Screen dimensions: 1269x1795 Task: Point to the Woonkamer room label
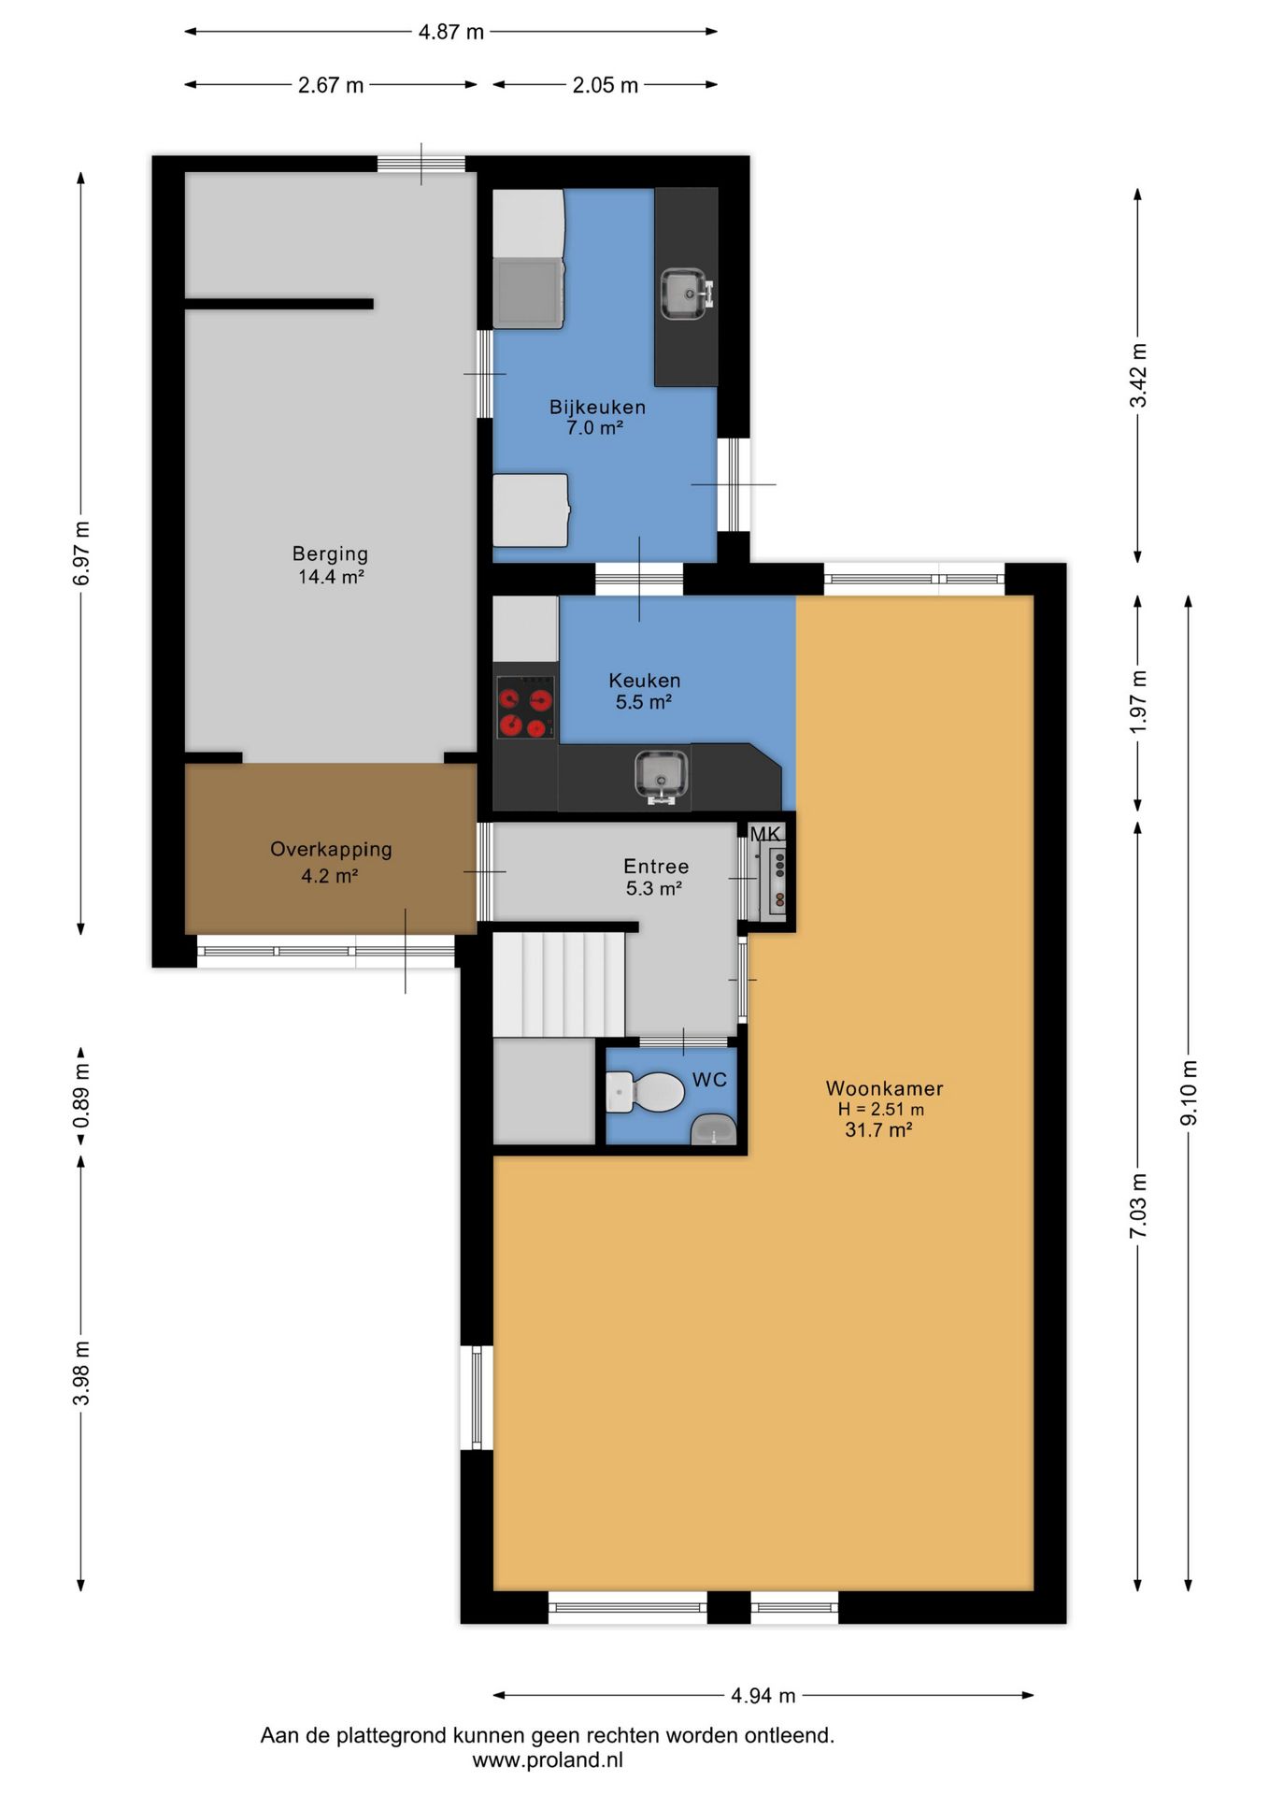click(x=884, y=1088)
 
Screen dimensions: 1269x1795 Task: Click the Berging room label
click(x=331, y=553)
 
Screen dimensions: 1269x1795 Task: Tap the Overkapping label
click(x=331, y=850)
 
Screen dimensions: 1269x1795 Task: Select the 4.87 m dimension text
click(x=451, y=32)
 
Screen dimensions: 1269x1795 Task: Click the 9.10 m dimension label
click(x=1189, y=1093)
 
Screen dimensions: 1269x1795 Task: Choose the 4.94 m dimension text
click(x=763, y=1695)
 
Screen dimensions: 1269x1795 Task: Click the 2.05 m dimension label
click(x=606, y=85)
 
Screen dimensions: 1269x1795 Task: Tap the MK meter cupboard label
click(x=765, y=834)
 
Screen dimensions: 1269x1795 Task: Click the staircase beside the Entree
click(x=559, y=984)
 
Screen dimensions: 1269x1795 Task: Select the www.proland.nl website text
click(x=548, y=1760)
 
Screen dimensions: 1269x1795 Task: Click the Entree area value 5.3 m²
click(x=654, y=888)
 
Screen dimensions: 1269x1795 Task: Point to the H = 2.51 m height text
click(x=881, y=1110)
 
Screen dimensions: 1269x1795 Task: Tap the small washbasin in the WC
click(x=714, y=1130)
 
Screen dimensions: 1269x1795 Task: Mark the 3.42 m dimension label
click(x=1138, y=376)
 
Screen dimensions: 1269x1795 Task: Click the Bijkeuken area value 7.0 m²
click(x=595, y=428)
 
